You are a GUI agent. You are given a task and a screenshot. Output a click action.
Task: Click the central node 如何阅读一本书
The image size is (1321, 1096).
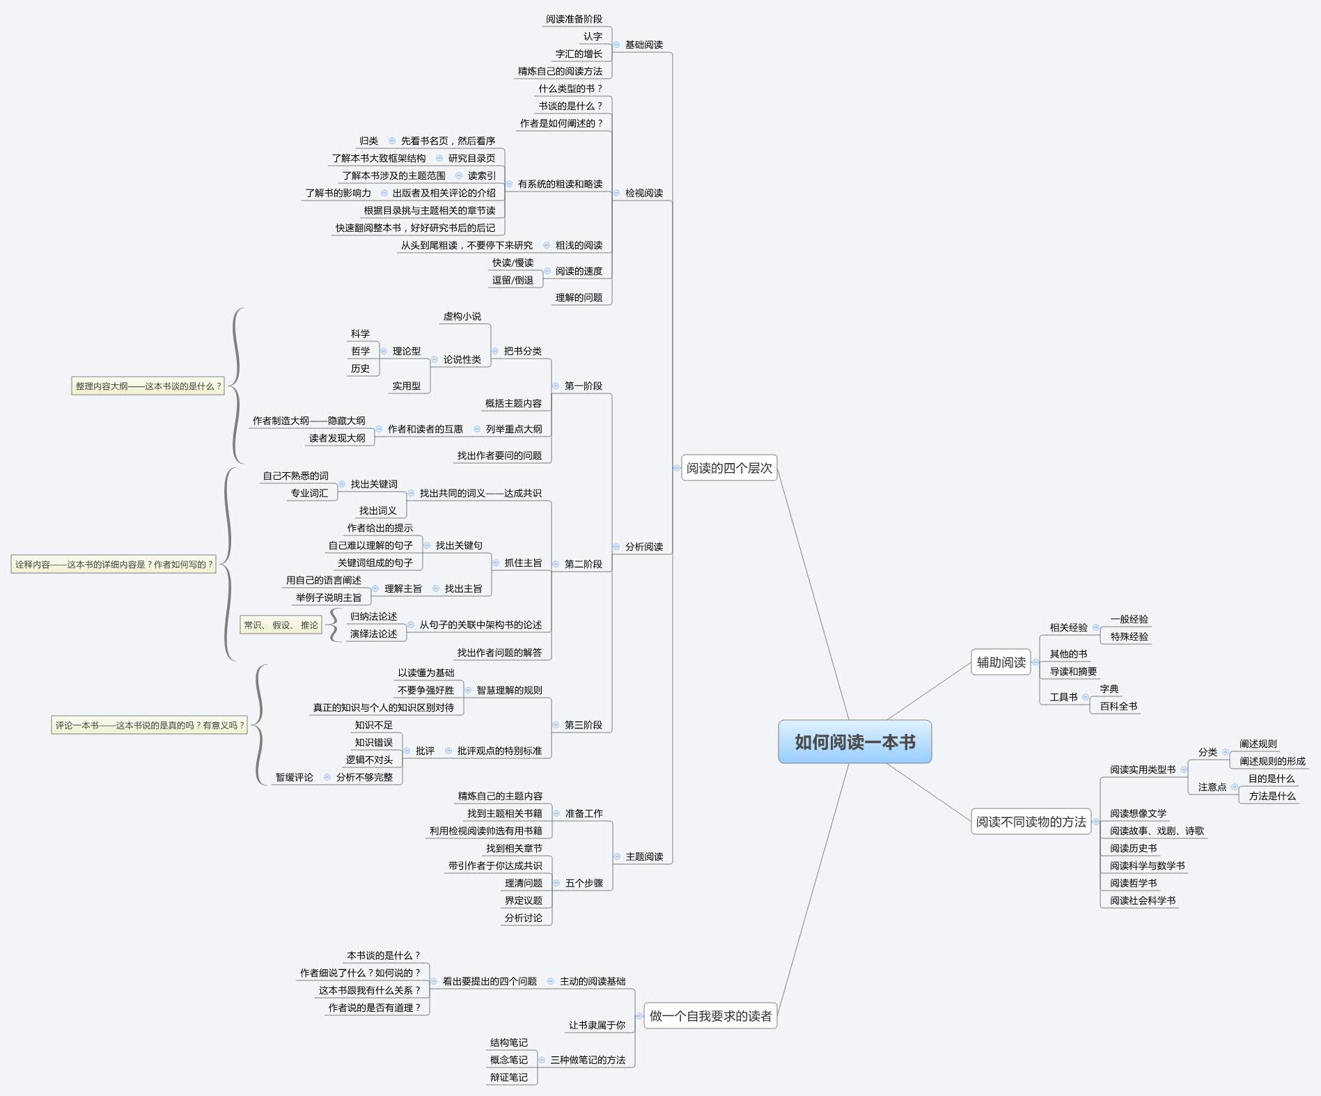[854, 742]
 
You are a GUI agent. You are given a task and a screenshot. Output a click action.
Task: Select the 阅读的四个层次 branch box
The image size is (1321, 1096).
[729, 468]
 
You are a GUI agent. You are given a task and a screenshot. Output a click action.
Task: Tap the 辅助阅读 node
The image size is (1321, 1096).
[1001, 662]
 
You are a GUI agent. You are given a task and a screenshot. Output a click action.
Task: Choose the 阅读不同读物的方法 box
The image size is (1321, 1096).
[1031, 822]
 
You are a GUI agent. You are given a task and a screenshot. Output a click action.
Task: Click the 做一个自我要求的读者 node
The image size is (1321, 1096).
[710, 1016]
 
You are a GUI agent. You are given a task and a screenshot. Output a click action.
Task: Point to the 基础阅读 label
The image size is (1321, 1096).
[643, 45]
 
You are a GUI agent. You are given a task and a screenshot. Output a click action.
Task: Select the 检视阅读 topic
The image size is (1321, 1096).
[643, 193]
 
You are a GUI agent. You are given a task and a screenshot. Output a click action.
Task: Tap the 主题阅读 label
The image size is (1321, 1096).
[644, 856]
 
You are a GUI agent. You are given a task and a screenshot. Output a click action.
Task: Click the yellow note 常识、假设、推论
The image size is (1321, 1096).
[281, 625]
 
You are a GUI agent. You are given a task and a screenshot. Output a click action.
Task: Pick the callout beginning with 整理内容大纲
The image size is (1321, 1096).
[148, 386]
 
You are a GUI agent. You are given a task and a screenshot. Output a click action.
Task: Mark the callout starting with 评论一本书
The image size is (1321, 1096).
[149, 725]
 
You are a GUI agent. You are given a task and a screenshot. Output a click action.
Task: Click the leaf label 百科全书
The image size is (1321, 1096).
[1118, 706]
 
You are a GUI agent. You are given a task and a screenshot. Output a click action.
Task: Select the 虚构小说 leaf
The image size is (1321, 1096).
[462, 316]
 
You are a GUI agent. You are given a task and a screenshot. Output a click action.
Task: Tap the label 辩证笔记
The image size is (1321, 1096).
[508, 1077]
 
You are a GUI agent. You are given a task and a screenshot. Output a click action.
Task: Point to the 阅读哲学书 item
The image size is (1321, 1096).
[1133, 883]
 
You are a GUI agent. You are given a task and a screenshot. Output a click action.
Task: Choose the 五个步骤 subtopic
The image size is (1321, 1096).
[584, 883]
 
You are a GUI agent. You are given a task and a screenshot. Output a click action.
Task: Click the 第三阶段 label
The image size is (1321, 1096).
[583, 725]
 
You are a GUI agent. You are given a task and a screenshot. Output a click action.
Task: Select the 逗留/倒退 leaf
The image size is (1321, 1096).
[513, 280]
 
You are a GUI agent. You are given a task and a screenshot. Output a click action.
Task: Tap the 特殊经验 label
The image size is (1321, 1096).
[1129, 636]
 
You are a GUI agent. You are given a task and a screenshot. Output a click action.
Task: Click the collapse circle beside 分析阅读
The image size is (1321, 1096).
[616, 547]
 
